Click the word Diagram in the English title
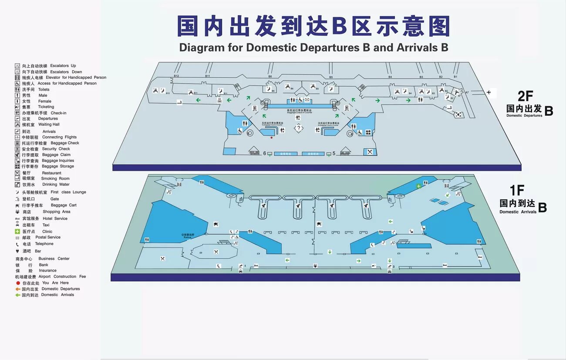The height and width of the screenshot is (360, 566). [x=201, y=47]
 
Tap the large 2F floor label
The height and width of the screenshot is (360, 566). [x=525, y=96]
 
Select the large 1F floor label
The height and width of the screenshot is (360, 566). [x=517, y=190]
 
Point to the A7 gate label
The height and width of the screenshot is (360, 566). [x=467, y=92]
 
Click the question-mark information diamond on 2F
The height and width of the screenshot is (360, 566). [x=298, y=128]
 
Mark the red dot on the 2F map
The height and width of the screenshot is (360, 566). [x=272, y=138]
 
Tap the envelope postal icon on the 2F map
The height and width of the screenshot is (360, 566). [x=307, y=100]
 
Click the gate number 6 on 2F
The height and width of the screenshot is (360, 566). [x=265, y=153]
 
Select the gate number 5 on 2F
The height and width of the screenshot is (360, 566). [x=334, y=153]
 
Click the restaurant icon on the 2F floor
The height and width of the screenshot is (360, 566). [x=370, y=151]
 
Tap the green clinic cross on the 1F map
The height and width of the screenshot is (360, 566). [x=418, y=186]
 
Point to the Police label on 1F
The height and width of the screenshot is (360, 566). [x=187, y=237]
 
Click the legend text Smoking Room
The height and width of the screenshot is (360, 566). [x=55, y=178]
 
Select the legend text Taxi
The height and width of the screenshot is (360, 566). [x=46, y=225]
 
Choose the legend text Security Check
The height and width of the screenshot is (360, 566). [x=56, y=149]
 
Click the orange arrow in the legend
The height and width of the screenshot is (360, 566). [x=18, y=289]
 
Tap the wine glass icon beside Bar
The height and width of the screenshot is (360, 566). [x=17, y=251]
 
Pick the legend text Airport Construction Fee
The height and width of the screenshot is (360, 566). [x=62, y=276]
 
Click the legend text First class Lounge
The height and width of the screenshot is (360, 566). [x=68, y=192]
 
